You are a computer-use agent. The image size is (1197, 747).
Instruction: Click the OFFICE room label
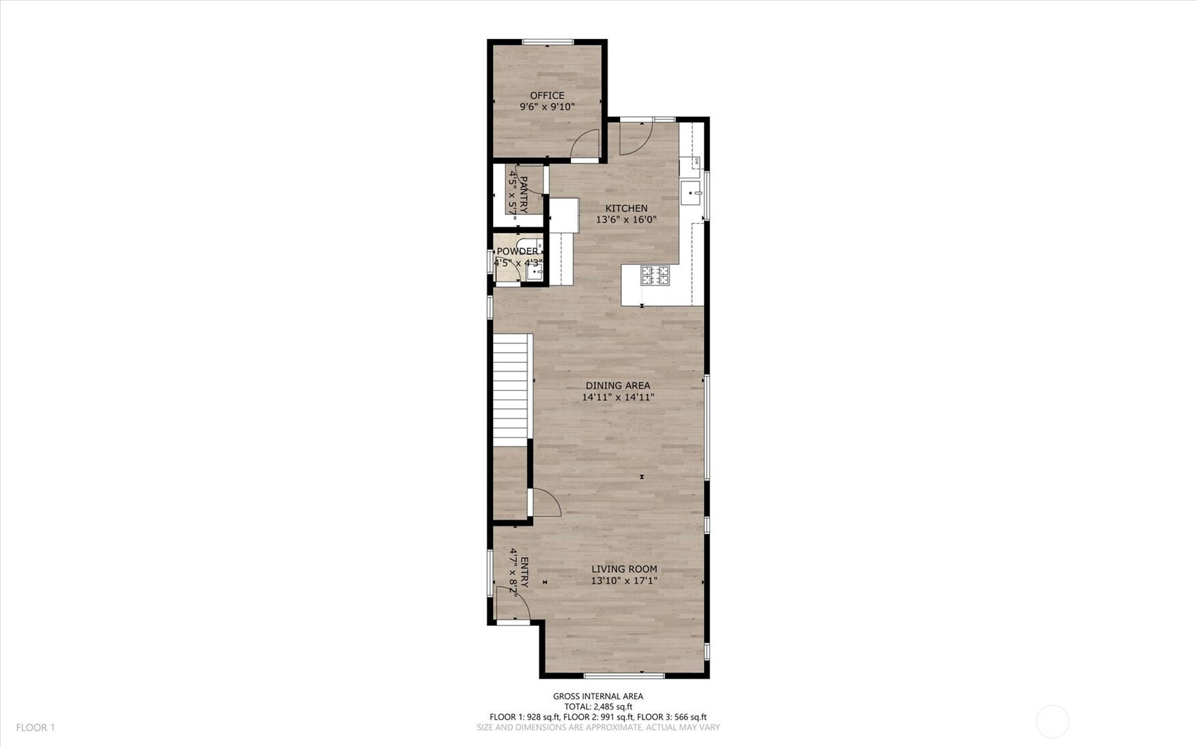click(x=547, y=96)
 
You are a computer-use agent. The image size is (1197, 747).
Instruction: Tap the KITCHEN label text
click(x=626, y=208)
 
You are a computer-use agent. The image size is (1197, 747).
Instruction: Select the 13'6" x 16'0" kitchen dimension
click(x=626, y=220)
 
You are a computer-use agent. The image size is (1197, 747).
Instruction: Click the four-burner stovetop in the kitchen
click(x=655, y=275)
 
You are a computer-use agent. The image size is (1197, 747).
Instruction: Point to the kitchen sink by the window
click(x=692, y=193)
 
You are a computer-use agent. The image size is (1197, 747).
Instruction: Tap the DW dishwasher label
click(x=696, y=162)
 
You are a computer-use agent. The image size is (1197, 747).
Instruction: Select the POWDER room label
click(x=517, y=251)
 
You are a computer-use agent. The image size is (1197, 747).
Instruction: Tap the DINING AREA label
click(x=618, y=386)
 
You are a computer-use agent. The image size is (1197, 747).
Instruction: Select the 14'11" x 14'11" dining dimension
click(x=618, y=397)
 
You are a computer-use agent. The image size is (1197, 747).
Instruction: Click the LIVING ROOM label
click(x=624, y=569)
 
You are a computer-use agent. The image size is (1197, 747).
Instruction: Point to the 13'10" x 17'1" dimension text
click(x=624, y=580)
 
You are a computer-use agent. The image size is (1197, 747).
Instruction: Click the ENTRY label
click(x=524, y=572)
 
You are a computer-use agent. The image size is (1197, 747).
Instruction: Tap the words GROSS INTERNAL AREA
click(x=598, y=696)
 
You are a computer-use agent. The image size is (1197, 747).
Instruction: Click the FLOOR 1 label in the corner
click(x=36, y=728)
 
